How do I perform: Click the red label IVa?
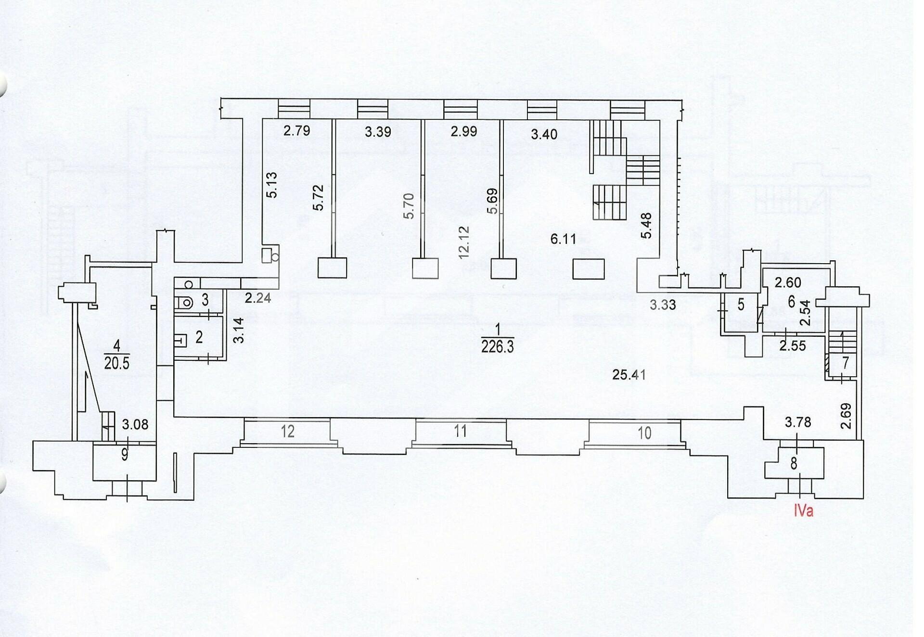click(x=803, y=510)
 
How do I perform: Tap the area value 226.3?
click(x=498, y=346)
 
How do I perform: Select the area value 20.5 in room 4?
click(x=116, y=362)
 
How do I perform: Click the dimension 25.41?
click(x=629, y=374)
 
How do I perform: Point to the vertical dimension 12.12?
click(x=463, y=242)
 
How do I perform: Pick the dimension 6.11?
click(x=563, y=239)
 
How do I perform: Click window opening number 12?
click(x=287, y=431)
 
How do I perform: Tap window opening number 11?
click(x=460, y=431)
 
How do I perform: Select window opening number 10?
click(x=644, y=433)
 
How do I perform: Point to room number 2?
click(x=199, y=337)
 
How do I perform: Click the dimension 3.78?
click(x=797, y=422)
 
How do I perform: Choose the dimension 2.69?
click(x=846, y=416)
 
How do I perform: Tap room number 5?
click(x=741, y=304)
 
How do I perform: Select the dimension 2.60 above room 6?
click(x=788, y=282)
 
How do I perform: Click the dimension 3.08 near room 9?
click(x=135, y=424)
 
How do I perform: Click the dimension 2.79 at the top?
click(x=296, y=130)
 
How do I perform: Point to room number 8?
click(x=794, y=463)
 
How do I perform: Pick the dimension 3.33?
click(x=663, y=305)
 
